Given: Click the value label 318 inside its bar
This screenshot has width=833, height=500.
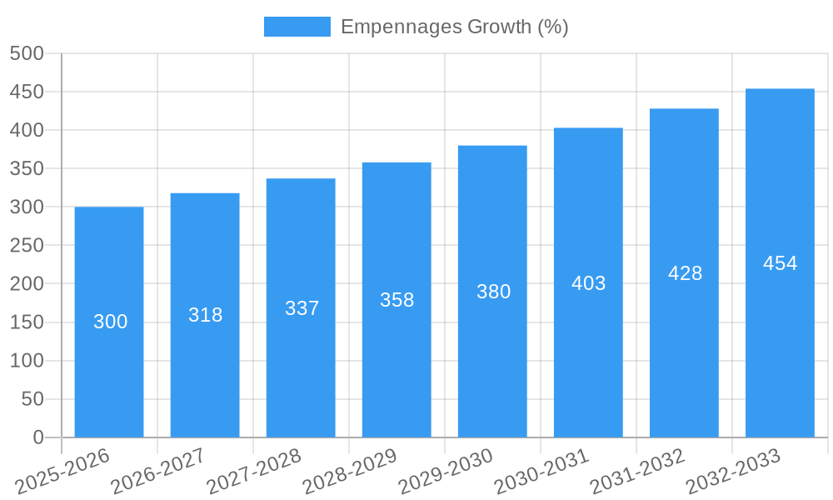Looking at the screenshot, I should click(205, 315).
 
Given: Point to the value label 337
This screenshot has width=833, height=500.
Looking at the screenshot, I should click(302, 308).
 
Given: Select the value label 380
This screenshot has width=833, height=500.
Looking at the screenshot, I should click(493, 292).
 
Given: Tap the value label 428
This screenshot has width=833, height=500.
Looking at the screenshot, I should click(685, 273).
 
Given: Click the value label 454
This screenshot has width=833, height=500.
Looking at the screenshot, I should click(780, 263).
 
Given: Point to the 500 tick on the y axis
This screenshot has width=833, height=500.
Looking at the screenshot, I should click(27, 53).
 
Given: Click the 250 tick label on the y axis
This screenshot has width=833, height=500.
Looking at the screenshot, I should click(27, 246).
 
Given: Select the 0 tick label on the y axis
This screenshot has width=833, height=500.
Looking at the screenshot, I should click(37, 437).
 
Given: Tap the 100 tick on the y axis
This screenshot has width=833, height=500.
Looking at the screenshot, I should click(27, 361).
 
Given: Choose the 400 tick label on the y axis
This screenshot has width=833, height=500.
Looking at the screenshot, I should click(27, 130).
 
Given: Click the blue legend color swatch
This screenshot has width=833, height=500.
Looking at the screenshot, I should click(297, 27).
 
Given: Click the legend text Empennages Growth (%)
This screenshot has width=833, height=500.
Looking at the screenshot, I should click(455, 27).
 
